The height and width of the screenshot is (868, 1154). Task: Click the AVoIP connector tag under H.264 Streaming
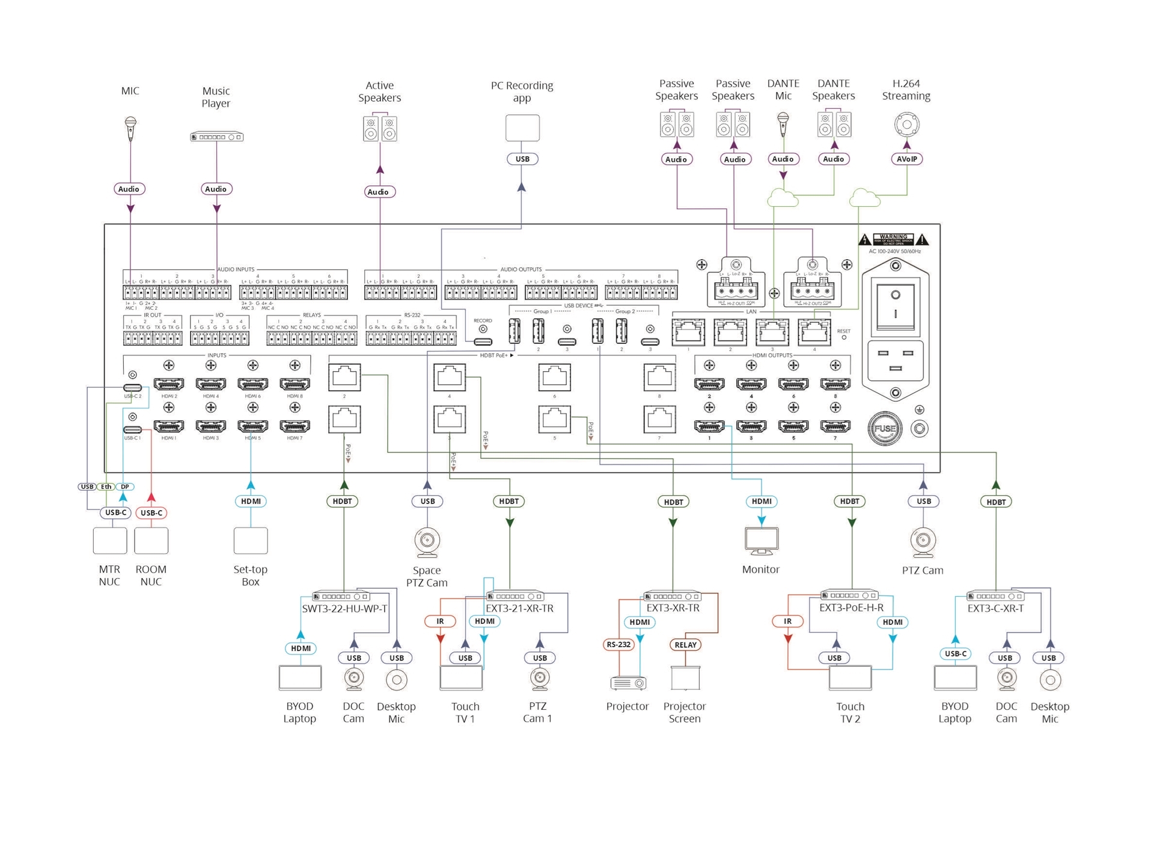pyautogui.click(x=906, y=159)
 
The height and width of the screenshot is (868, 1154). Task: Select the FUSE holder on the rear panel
pyautogui.click(x=884, y=429)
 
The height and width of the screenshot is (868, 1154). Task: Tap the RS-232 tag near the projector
pyautogui.click(x=618, y=645)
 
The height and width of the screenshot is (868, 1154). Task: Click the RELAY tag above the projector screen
pyautogui.click(x=685, y=645)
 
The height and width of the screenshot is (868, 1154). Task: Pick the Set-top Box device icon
pyautogui.click(x=251, y=541)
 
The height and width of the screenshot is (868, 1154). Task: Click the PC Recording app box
pyautogui.click(x=522, y=128)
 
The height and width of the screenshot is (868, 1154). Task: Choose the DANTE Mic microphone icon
pyautogui.click(x=783, y=125)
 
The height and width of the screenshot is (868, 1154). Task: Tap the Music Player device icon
pyautogui.click(x=216, y=137)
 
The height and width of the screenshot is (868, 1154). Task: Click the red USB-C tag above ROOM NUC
pyautogui.click(x=151, y=513)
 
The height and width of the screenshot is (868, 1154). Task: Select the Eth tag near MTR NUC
pyautogui.click(x=106, y=487)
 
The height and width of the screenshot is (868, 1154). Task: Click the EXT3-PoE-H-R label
pyautogui.click(x=851, y=608)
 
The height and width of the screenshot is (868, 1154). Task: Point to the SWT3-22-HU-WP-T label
pyautogui.click(x=344, y=609)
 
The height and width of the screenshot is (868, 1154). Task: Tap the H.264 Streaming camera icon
pyautogui.click(x=906, y=125)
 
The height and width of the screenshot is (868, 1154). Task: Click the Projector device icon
pyautogui.click(x=627, y=683)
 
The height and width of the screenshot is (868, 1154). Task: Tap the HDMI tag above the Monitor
pyautogui.click(x=762, y=502)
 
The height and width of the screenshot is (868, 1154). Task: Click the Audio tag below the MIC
pyautogui.click(x=129, y=189)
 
